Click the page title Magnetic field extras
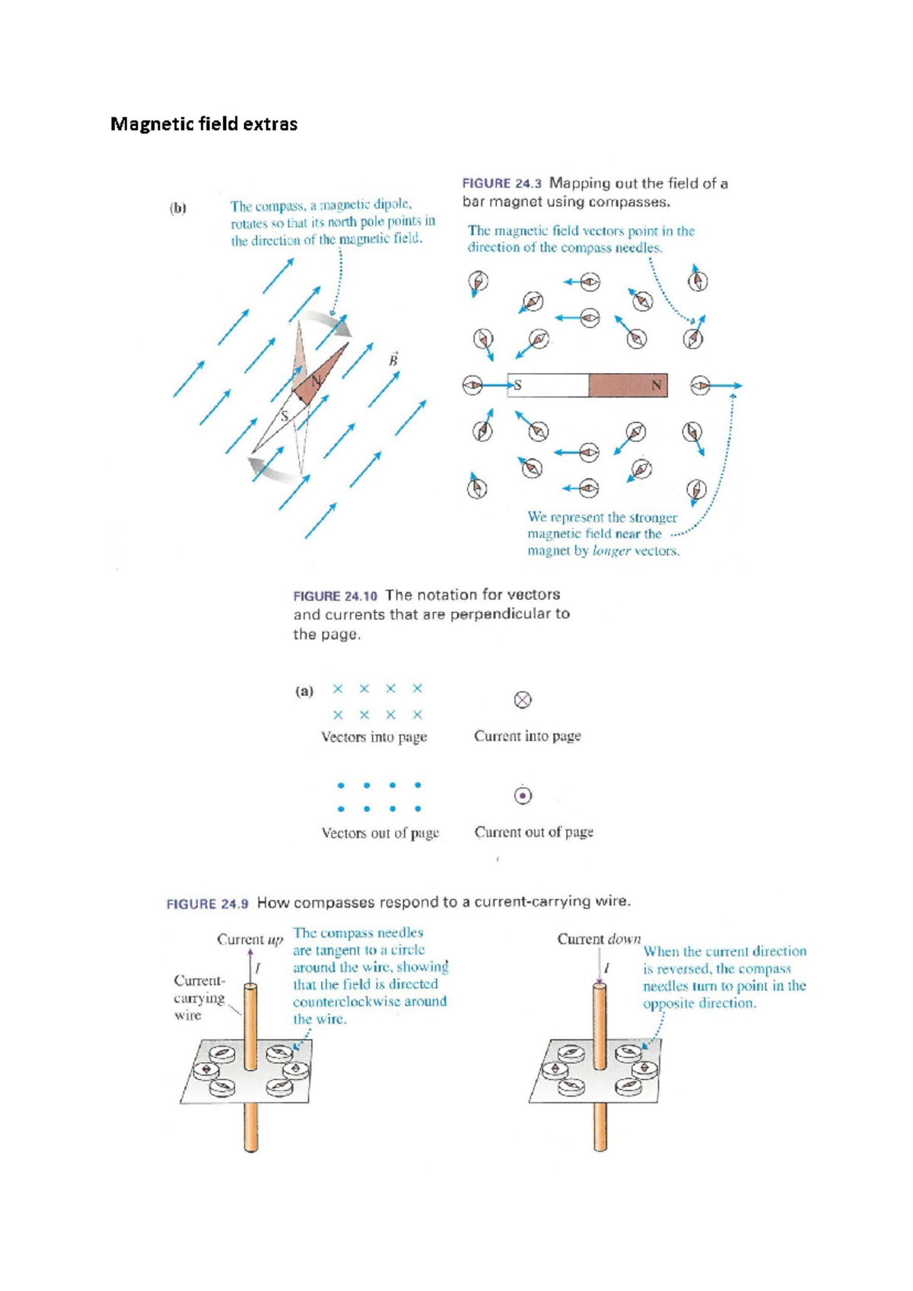point(204,124)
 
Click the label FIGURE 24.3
point(501,183)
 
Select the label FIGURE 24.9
point(207,904)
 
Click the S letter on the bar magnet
point(517,385)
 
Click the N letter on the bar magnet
point(656,385)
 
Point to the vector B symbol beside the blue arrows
point(393,359)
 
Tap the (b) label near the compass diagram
point(178,208)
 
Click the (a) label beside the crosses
point(304,691)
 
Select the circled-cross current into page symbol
point(523,700)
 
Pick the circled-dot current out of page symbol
point(523,795)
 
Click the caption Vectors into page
point(374,737)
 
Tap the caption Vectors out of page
point(380,833)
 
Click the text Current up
point(250,939)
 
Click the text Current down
point(599,939)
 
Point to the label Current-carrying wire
point(199,997)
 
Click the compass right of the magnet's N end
point(700,387)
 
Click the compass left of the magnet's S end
point(472,386)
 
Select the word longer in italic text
point(612,550)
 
